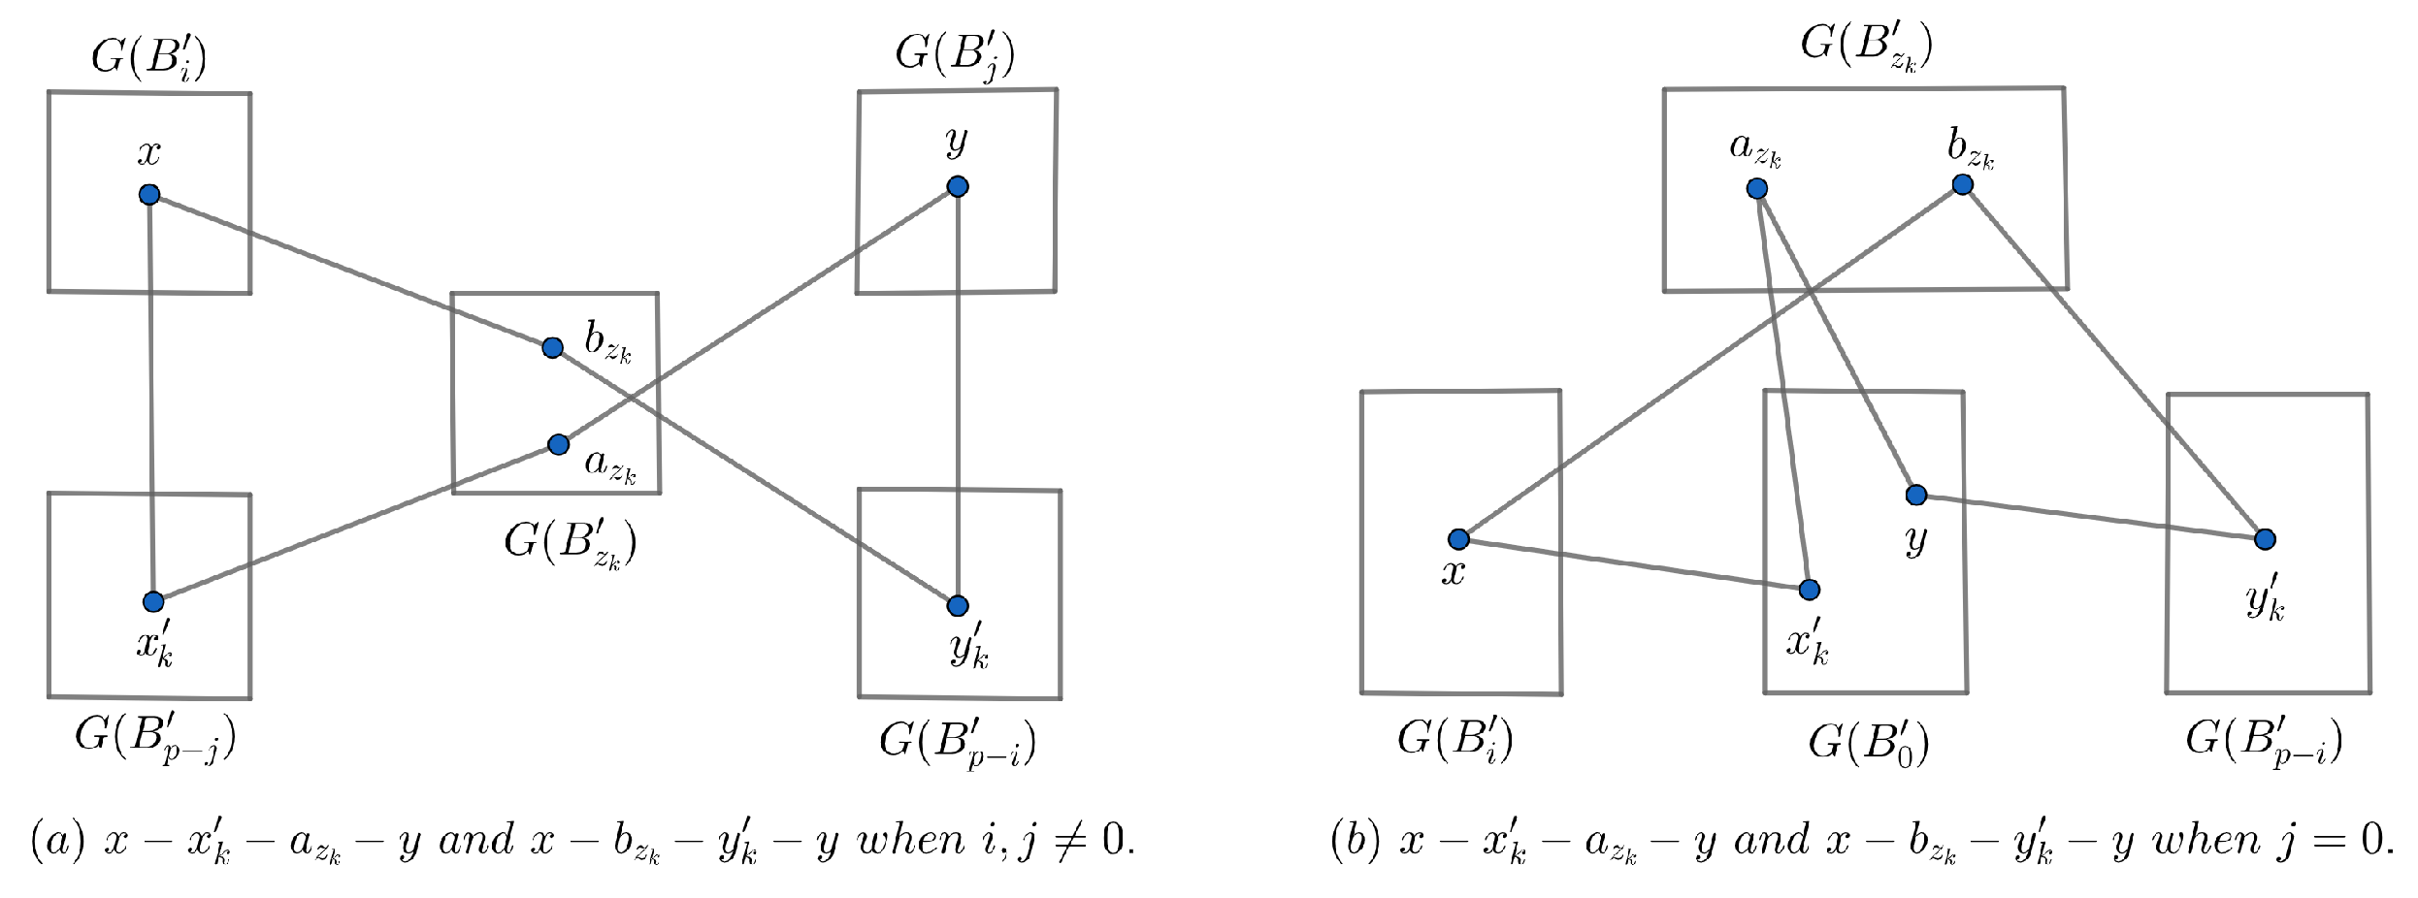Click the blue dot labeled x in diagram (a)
click(148, 195)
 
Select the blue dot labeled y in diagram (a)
click(958, 186)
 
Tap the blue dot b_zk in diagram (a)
click(552, 347)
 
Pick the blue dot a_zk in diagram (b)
click(1757, 188)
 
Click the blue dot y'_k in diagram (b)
click(2265, 539)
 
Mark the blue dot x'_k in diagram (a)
click(153, 602)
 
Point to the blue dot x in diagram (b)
click(1458, 539)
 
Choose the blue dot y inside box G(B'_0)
click(1916, 496)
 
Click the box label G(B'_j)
click(955, 54)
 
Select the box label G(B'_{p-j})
click(155, 739)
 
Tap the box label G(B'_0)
click(1868, 743)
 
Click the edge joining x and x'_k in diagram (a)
click(150, 398)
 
